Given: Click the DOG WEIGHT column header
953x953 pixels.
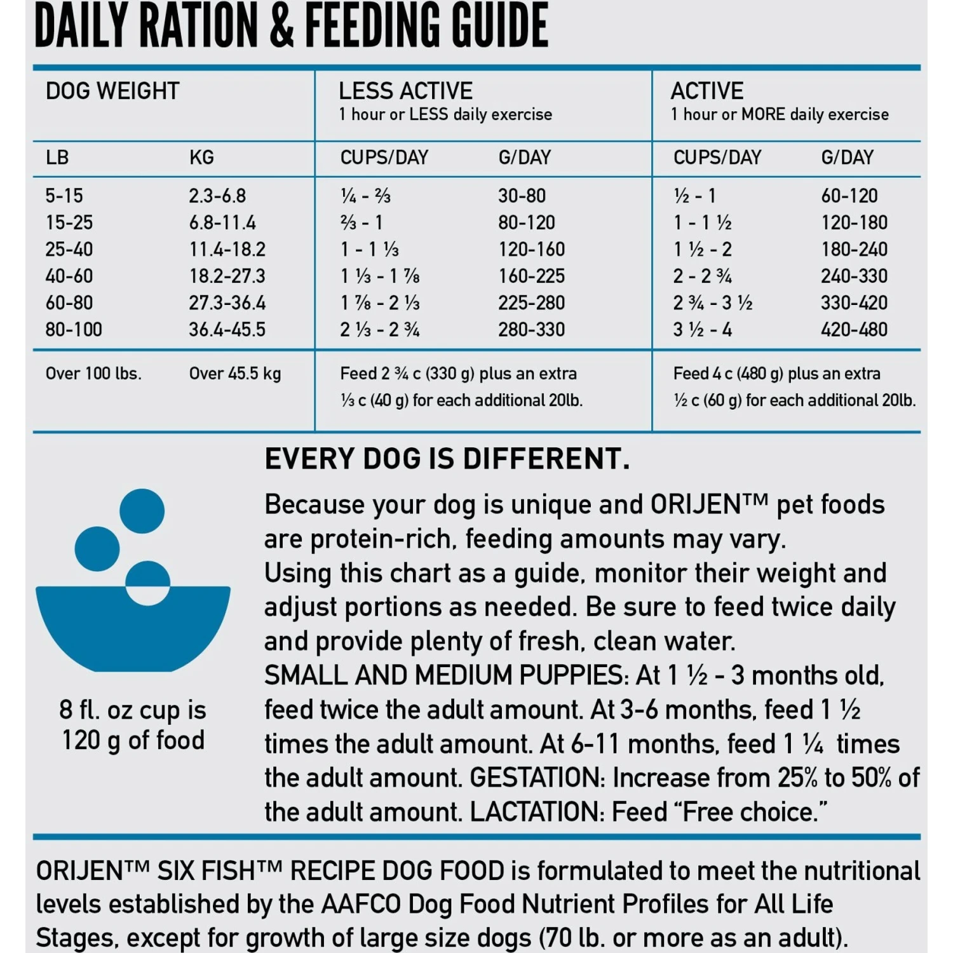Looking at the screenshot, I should click(112, 91).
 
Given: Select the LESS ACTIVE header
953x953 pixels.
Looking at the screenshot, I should click(405, 91).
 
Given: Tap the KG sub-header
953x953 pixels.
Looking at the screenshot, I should click(201, 158).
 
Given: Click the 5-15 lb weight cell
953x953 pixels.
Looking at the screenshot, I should click(64, 196).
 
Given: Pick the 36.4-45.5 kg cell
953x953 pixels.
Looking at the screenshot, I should click(227, 330).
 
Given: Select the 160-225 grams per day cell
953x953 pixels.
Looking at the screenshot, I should click(531, 276).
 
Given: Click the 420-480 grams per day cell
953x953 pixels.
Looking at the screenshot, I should click(854, 330).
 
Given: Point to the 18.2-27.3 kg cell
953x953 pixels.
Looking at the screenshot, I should click(227, 276).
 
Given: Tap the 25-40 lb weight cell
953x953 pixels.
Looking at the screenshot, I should click(69, 249).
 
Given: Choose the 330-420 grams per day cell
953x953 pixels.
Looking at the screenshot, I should click(854, 303).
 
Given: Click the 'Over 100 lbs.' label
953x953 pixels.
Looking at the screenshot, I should click(93, 374).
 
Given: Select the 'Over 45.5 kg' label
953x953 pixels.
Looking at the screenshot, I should click(235, 374).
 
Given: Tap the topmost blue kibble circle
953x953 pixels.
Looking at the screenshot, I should click(142, 511).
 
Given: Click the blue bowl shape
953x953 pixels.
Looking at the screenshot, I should click(132, 629).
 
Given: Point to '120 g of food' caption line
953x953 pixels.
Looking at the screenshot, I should click(133, 741).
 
